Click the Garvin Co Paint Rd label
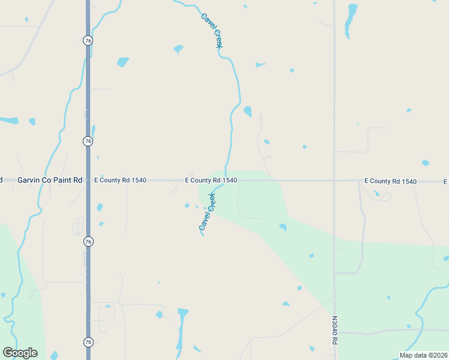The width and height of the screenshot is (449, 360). point(50,180)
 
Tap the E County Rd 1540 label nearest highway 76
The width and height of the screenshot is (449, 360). point(120,180)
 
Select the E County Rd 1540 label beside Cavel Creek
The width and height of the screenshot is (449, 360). point(211,180)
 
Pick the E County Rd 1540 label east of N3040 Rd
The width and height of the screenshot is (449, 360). point(391,181)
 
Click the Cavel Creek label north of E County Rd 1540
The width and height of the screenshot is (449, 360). point(211,31)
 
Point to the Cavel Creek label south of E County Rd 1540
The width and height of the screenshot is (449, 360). point(207,212)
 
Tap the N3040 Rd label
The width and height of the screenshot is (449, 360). point(334,330)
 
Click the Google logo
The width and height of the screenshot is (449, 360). point(20,353)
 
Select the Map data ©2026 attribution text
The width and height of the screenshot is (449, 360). point(423,355)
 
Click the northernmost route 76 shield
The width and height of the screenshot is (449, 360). point(88,40)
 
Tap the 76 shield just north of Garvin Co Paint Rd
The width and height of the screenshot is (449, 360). point(88,141)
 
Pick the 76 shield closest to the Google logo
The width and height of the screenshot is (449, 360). point(88,342)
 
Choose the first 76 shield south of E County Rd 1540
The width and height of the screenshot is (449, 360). point(88,241)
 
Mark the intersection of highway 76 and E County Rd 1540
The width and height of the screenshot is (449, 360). point(88,180)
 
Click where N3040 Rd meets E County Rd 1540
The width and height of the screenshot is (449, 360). point(334,181)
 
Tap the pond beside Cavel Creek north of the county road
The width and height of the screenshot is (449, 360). point(247,112)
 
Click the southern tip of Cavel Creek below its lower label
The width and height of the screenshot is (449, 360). point(202,235)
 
